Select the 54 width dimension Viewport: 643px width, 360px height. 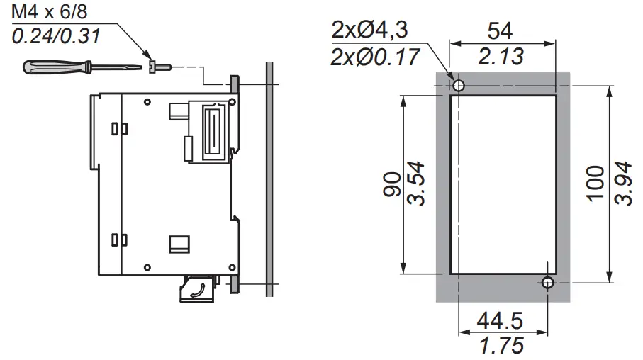click(x=500, y=30)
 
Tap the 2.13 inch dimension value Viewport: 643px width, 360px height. click(x=501, y=56)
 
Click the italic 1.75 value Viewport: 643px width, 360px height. click(x=501, y=346)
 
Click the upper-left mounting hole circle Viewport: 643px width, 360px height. click(x=459, y=86)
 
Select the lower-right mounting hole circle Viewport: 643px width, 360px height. click(x=547, y=283)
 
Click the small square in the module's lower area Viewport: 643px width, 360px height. click(x=179, y=243)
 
